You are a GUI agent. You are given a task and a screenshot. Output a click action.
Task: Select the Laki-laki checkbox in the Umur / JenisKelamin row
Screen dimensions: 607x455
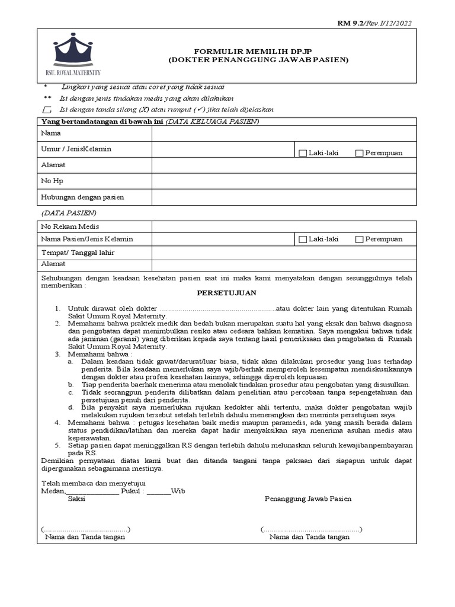[303, 153]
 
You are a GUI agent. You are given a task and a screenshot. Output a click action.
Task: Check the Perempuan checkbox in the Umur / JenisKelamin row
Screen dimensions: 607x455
[359, 153]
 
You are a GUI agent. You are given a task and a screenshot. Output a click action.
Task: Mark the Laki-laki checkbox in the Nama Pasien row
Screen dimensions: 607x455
[303, 239]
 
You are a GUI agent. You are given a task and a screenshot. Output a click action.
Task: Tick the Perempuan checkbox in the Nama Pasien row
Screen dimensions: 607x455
[359, 239]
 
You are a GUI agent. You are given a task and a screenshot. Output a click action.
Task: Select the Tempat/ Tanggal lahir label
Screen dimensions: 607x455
[77, 253]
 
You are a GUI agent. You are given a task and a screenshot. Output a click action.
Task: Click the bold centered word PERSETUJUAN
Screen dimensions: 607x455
[227, 293]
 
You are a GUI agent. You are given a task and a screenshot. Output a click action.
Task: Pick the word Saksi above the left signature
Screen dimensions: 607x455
[76, 499]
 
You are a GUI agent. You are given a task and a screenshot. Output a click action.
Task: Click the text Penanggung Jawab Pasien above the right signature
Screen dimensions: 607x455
[307, 499]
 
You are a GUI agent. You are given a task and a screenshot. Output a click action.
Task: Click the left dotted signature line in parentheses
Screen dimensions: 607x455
[86, 529]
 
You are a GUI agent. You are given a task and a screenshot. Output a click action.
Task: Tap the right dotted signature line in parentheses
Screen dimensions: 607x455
[312, 529]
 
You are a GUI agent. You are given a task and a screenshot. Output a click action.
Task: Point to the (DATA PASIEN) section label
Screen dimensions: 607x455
[69, 213]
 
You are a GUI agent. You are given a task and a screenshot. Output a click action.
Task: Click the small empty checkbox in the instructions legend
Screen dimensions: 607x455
[47, 110]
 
